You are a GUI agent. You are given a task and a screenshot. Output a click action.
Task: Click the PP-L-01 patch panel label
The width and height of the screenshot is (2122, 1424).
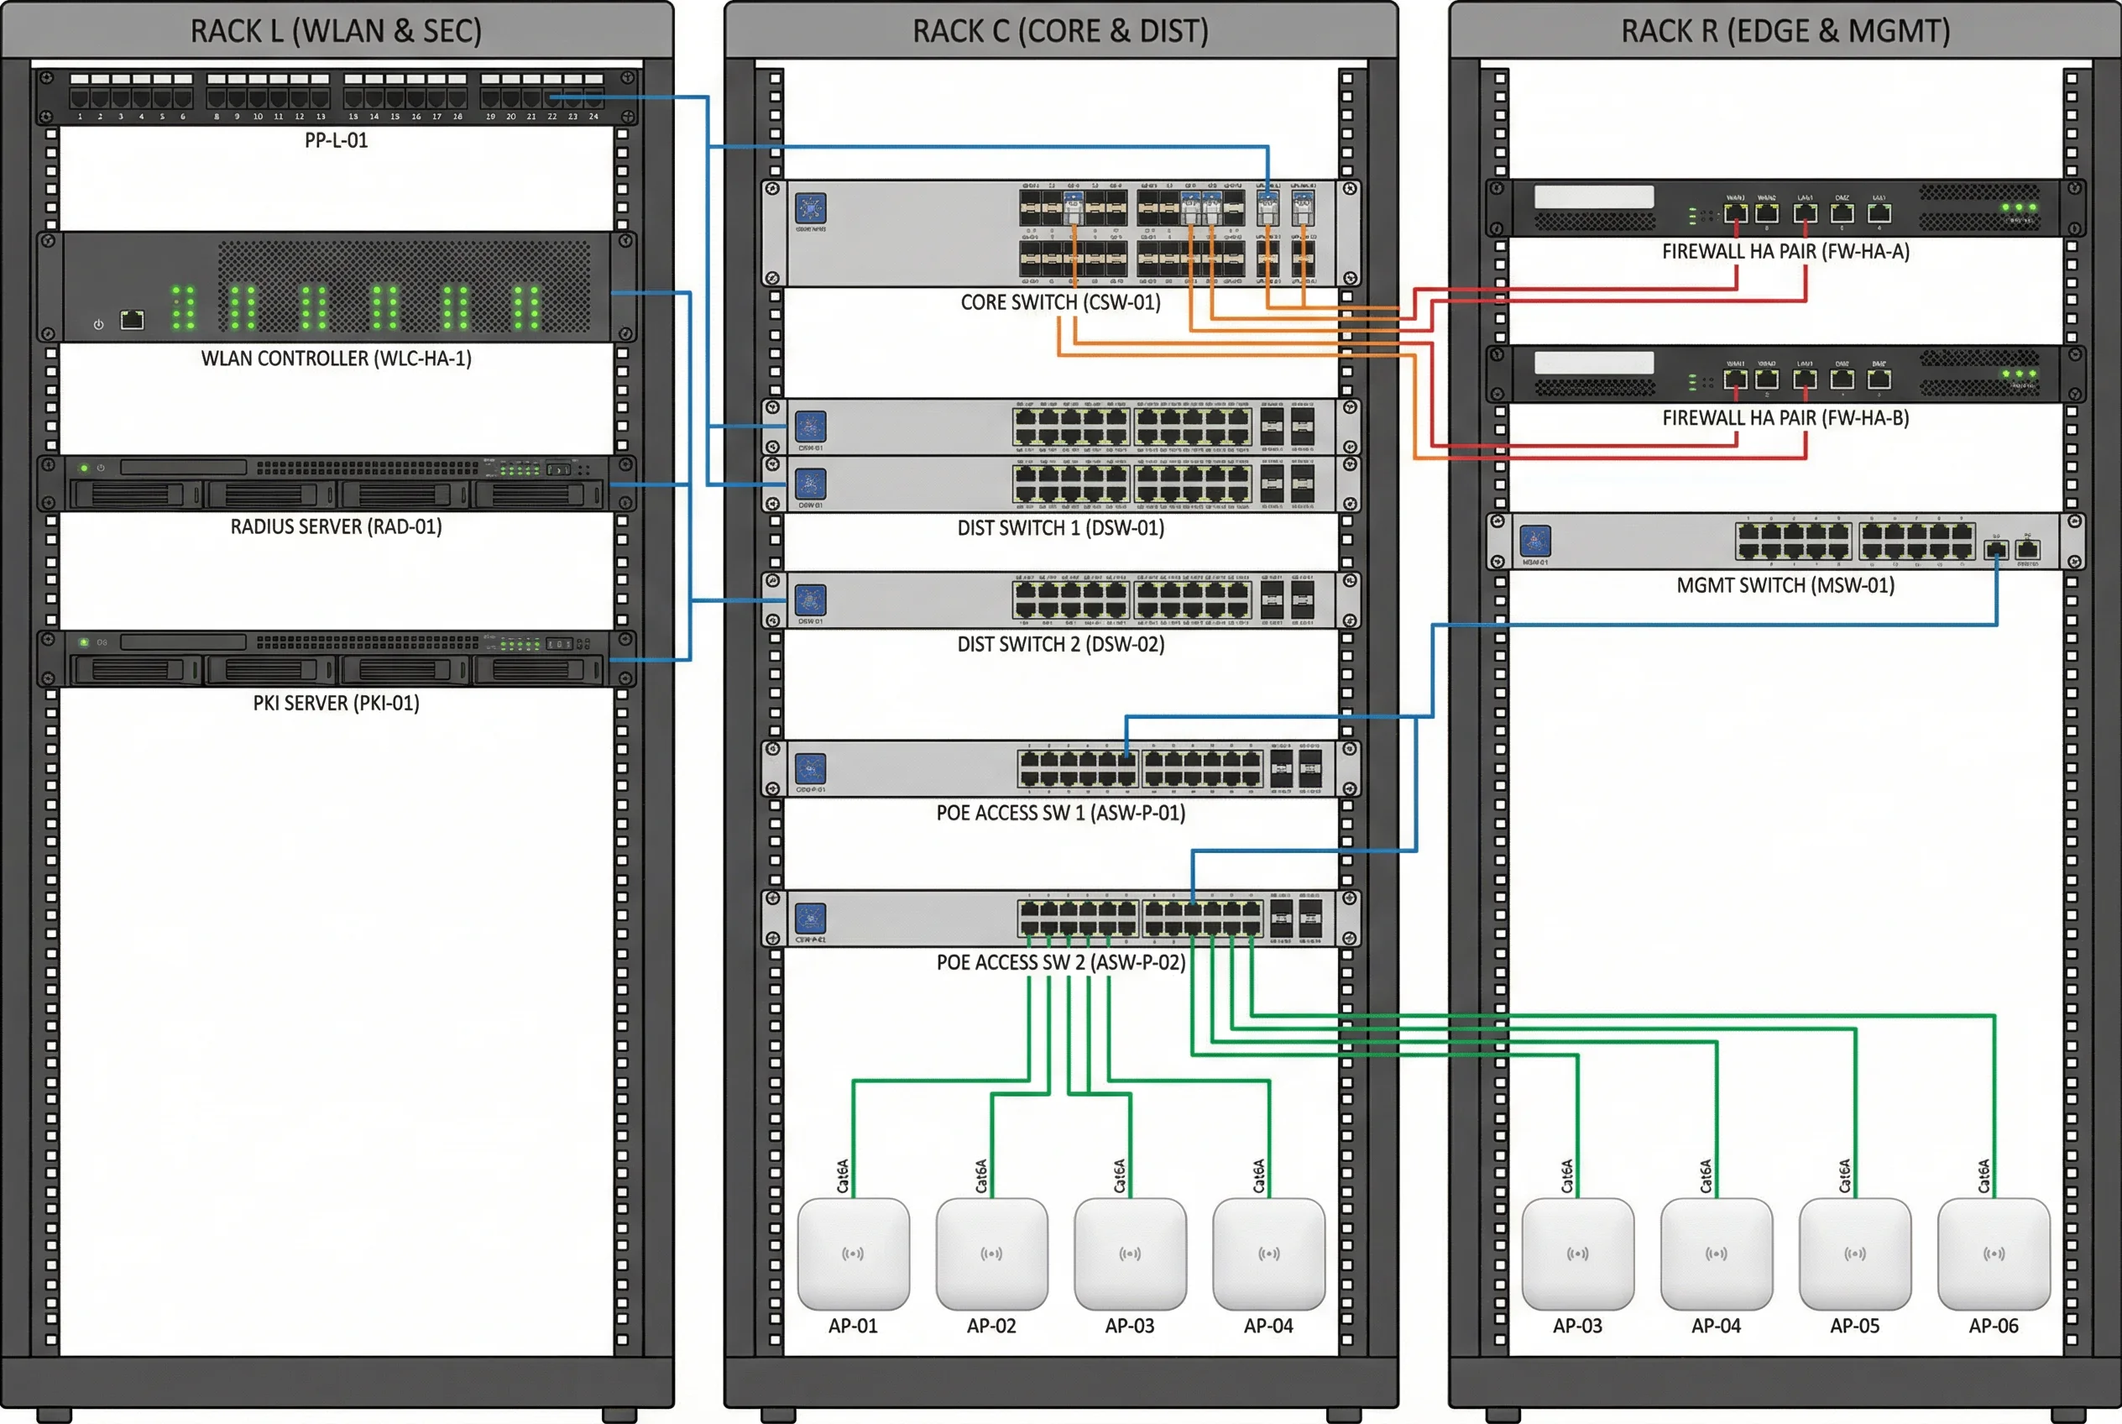tap(336, 141)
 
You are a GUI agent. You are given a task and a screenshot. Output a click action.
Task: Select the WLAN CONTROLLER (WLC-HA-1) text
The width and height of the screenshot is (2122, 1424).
tap(336, 359)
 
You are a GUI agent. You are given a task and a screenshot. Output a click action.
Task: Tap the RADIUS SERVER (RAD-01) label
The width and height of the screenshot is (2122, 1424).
tap(336, 526)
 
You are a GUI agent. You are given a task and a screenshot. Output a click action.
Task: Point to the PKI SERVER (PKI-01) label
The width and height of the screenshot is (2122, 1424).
tap(336, 703)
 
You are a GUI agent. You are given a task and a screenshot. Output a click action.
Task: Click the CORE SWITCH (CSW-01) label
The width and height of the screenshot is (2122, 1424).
tap(1060, 302)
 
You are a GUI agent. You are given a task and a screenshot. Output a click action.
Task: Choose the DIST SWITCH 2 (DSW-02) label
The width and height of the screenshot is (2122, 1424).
tap(1060, 644)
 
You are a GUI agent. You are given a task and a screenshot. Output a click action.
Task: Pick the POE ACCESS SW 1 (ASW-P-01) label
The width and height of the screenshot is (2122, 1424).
tap(1060, 813)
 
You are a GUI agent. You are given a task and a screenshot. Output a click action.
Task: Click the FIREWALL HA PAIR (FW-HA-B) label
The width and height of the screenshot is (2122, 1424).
tap(1785, 418)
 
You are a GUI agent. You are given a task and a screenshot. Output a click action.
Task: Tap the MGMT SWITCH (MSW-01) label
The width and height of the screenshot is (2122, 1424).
tap(1785, 586)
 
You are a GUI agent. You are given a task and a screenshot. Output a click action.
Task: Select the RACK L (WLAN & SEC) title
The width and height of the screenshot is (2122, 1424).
tap(336, 32)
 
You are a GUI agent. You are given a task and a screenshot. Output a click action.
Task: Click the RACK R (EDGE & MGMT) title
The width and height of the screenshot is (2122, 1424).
tap(1785, 32)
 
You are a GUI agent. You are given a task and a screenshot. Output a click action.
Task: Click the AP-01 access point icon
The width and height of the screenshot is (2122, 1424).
tap(854, 1254)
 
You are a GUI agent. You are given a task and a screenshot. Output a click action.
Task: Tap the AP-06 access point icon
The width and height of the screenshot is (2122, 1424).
tap(1993, 1254)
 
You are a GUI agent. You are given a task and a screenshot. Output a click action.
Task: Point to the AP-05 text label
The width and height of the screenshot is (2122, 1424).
tap(1854, 1326)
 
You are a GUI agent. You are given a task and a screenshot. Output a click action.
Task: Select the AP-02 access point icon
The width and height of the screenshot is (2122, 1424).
tap(991, 1254)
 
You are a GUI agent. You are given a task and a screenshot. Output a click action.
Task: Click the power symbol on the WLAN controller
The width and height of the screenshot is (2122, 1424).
tap(98, 324)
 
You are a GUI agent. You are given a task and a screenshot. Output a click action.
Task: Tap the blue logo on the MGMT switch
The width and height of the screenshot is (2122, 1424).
tap(1535, 542)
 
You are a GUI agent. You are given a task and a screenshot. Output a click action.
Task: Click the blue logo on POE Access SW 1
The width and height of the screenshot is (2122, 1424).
tap(811, 769)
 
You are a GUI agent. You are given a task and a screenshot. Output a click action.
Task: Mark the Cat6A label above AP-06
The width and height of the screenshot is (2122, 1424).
tap(1984, 1176)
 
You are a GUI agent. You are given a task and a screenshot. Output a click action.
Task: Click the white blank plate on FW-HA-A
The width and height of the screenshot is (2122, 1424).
tap(1593, 197)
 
